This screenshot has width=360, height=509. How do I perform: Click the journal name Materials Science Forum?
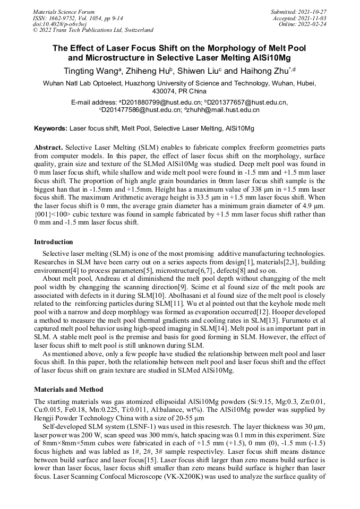(64, 11)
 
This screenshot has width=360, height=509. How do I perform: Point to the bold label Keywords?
(50, 128)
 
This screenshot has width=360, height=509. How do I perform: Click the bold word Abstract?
(49, 146)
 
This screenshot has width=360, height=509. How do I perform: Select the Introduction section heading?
(54, 241)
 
